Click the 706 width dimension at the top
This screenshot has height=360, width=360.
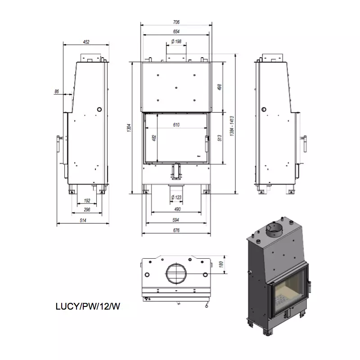(x=176, y=22)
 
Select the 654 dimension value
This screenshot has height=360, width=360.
(x=176, y=31)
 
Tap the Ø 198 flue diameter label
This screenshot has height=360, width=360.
(x=176, y=41)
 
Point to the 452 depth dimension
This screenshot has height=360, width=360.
(x=86, y=42)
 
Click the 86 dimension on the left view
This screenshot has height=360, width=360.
(x=57, y=91)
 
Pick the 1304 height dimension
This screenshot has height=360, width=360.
(x=129, y=128)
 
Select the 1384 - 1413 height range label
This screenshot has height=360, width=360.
(x=232, y=126)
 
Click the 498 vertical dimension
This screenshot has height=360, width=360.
(x=220, y=87)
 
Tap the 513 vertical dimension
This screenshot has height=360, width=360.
(x=220, y=138)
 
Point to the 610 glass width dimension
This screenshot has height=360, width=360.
(x=176, y=125)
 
